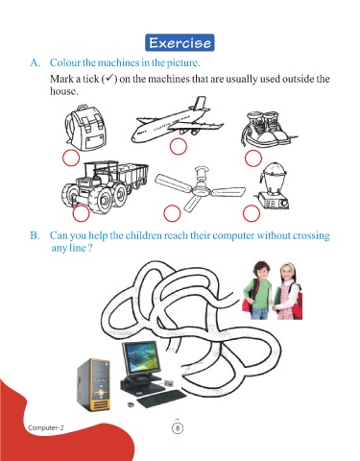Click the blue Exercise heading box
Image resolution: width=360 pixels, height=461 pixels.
tap(180, 42)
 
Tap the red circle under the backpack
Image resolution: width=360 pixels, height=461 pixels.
tap(71, 158)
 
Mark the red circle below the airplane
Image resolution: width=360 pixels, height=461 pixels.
tap(178, 146)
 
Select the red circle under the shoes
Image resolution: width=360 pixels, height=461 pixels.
tap(253, 158)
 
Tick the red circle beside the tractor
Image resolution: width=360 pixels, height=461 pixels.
tap(81, 213)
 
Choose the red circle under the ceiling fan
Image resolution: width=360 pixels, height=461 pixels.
tap(172, 213)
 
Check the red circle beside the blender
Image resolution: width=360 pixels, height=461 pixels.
tap(252, 213)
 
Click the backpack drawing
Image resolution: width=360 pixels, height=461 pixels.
tap(85, 127)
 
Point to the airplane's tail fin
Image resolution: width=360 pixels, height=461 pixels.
tap(200, 103)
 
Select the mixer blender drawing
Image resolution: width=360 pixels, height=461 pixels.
tap(273, 185)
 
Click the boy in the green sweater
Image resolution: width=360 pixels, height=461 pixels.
tap(257, 290)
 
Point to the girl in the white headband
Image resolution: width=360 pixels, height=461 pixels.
tap(288, 291)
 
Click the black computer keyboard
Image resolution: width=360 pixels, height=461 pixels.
tap(161, 399)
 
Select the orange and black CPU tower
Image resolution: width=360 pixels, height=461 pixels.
tap(93, 385)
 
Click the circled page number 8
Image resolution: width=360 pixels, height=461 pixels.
tap(178, 428)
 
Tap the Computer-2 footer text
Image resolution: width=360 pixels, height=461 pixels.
tap(46, 427)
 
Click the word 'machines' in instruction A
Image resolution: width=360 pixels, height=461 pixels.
tap(118, 62)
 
